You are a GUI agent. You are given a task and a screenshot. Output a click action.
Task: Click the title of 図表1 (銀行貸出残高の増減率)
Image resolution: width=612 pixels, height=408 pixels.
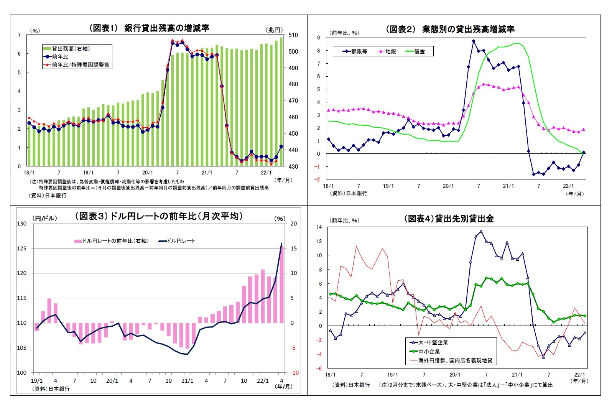[150, 28]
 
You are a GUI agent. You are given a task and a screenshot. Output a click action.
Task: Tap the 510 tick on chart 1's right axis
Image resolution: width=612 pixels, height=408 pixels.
[293, 35]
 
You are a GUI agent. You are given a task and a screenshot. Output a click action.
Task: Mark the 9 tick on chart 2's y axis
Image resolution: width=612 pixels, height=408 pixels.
[318, 38]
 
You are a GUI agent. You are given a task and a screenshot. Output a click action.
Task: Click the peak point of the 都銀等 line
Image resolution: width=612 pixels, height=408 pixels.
[474, 41]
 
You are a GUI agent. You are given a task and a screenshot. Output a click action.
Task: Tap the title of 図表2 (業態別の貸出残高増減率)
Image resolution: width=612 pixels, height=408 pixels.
[450, 29]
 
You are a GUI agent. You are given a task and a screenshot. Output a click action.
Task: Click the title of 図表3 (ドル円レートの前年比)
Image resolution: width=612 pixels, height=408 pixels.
[159, 216]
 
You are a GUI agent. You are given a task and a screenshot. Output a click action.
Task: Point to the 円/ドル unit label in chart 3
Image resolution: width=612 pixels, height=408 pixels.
[45, 218]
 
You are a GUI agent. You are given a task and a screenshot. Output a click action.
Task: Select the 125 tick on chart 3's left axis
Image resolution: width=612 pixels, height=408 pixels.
[22, 248]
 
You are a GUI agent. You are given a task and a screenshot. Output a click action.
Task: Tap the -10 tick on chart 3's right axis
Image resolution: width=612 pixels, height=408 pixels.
[294, 373]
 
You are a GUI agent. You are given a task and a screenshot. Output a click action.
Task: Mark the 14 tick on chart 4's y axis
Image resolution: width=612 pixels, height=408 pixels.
[319, 227]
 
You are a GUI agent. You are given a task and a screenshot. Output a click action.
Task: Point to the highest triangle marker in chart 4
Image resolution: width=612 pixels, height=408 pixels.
[481, 231]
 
